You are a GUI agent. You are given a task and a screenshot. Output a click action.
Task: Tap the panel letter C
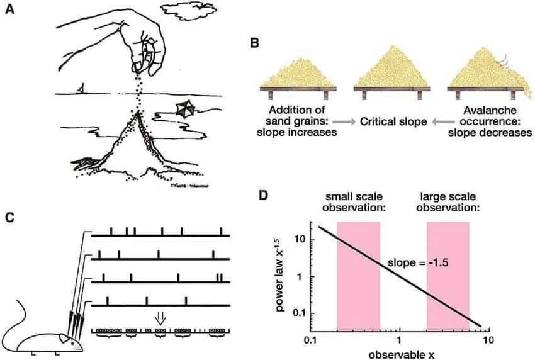click(9, 218)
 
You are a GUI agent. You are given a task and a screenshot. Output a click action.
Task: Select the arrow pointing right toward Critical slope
click(343, 120)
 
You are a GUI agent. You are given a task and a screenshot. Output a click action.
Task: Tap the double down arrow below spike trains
click(160, 317)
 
